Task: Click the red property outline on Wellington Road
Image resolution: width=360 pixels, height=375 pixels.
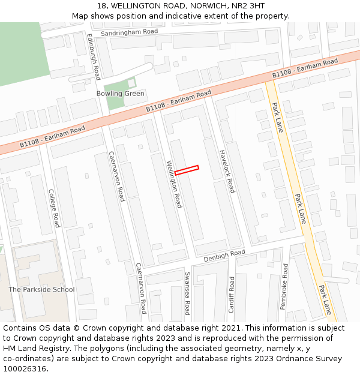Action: point(187,170)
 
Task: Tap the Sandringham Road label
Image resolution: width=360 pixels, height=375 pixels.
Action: point(129,32)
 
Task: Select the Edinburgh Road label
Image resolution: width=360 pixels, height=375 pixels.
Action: point(93,56)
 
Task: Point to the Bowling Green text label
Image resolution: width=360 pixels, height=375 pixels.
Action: point(121,94)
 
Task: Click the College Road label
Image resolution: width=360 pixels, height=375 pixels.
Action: point(54,208)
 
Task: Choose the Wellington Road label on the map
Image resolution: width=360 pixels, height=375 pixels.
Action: point(174,184)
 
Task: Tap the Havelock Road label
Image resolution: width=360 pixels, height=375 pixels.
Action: point(227,171)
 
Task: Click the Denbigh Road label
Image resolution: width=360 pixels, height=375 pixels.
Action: point(224,256)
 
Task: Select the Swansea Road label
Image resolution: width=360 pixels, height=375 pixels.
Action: point(187,293)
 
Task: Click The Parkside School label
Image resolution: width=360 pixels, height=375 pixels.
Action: point(41,290)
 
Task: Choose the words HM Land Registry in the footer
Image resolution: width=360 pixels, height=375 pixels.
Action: point(32,349)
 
